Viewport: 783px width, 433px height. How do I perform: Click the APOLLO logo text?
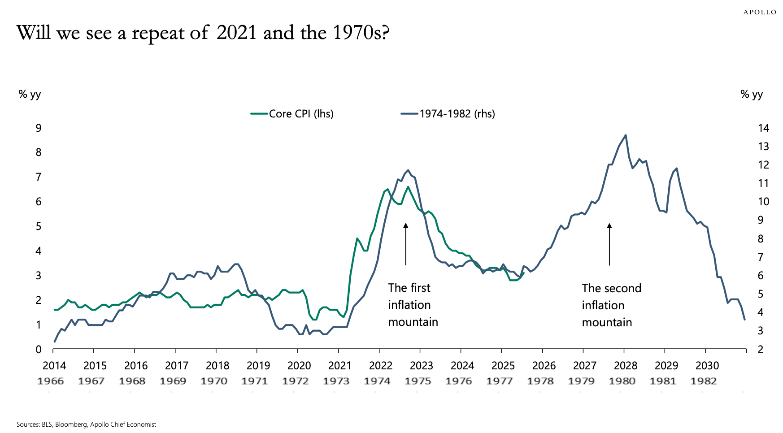[759, 12]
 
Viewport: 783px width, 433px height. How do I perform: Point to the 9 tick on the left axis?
[39, 128]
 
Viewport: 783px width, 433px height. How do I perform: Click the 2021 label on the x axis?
[339, 366]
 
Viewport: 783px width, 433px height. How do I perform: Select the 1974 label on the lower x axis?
[377, 381]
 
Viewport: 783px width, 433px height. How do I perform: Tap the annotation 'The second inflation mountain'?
[611, 305]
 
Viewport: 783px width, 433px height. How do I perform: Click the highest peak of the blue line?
[625, 135]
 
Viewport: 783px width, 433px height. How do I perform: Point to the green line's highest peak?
[408, 187]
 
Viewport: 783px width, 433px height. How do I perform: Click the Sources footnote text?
[86, 424]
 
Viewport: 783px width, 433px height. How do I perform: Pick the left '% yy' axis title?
[30, 94]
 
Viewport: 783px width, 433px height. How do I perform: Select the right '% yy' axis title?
[751, 94]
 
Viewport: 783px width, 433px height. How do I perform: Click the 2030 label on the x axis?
[707, 366]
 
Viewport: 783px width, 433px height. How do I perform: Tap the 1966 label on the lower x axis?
[50, 381]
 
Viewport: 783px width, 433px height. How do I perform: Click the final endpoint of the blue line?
[744, 319]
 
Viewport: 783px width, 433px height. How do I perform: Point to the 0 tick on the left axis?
[39, 350]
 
